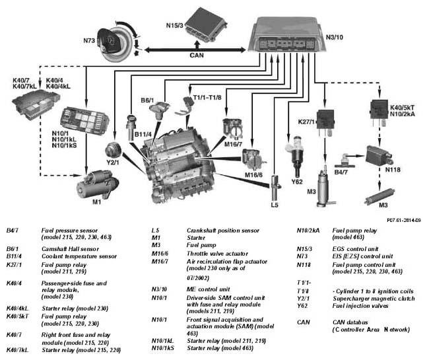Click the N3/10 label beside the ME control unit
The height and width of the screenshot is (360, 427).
(335, 38)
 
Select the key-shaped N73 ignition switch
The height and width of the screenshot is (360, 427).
(115, 42)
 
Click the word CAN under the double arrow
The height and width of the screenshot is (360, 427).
(197, 55)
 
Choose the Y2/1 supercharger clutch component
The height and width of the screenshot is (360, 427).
(113, 149)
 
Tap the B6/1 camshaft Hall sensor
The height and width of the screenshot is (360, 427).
(159, 110)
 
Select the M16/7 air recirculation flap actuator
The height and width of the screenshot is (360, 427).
(233, 127)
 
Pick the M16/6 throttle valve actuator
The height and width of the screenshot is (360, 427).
(253, 160)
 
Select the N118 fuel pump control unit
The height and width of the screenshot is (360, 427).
(379, 156)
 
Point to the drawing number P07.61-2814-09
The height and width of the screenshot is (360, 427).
(404, 220)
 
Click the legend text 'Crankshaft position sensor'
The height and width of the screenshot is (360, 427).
(223, 231)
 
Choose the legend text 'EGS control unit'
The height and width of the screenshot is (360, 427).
(355, 249)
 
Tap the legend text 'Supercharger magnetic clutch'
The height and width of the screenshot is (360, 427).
(374, 299)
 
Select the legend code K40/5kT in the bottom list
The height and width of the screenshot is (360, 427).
(17, 316)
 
